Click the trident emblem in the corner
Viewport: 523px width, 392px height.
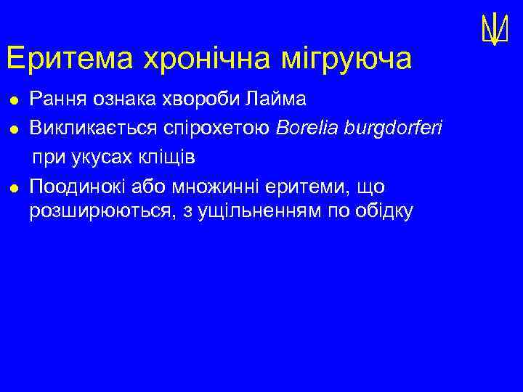[494, 29]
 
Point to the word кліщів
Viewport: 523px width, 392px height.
[174, 158]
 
